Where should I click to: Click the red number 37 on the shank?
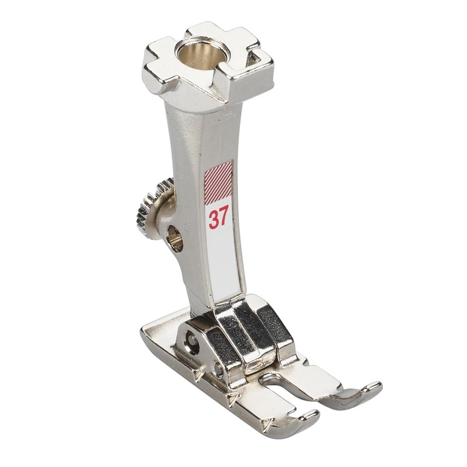point(218,218)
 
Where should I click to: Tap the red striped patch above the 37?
point(218,181)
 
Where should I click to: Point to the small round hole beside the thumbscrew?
point(175,238)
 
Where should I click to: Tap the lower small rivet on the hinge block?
point(217,369)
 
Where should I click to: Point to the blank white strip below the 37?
point(225,263)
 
